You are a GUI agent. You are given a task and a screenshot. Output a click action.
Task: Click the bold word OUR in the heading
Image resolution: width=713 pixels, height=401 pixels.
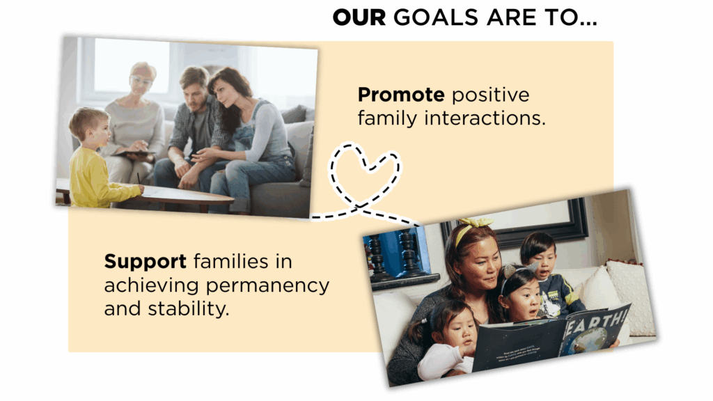[359, 17]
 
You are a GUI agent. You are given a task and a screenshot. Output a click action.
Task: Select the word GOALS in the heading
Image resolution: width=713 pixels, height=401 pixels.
[436, 17]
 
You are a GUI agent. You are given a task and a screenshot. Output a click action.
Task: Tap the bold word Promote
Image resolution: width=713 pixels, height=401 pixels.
[401, 95]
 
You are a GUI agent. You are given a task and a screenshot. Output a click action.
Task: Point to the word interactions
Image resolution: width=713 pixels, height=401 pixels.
[485, 118]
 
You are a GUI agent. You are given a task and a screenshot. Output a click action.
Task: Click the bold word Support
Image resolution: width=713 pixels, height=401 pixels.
[145, 262]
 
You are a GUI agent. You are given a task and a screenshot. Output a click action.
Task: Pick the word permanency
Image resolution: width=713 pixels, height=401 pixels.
[267, 286]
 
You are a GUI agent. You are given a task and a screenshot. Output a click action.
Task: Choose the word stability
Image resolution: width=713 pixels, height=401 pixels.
[188, 308]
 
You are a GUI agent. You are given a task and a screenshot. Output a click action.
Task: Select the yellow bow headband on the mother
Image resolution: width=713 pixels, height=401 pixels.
[473, 228]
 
